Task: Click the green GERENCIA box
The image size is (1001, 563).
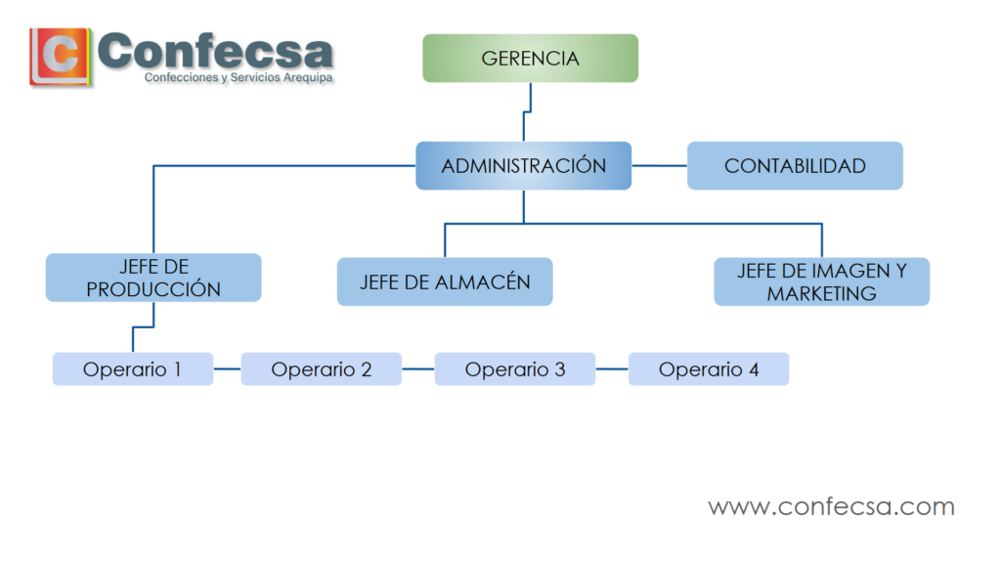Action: [530, 58]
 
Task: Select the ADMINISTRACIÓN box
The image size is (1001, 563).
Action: [524, 166]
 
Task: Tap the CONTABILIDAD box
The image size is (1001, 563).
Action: [795, 166]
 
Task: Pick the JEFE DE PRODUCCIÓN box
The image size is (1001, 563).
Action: [153, 278]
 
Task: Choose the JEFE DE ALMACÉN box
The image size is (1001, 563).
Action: [445, 281]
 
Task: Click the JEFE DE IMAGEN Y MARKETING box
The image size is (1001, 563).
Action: [821, 281]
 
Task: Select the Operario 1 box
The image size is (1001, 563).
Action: [133, 368]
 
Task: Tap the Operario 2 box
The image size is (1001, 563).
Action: [321, 368]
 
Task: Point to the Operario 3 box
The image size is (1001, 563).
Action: [515, 368]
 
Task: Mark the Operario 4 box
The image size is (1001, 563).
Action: [709, 368]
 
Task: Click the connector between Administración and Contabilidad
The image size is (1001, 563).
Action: [660, 166]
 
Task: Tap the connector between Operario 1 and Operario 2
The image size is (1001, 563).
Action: [227, 368]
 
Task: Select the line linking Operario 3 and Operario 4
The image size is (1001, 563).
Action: [612, 368]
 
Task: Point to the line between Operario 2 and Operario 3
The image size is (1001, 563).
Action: [418, 368]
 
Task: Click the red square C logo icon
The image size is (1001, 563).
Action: [60, 56]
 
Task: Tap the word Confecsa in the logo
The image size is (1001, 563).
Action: [215, 51]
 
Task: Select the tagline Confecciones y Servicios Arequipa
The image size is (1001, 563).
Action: [239, 78]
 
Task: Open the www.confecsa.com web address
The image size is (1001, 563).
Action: [831, 507]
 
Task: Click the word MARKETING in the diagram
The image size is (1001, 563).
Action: [821, 293]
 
